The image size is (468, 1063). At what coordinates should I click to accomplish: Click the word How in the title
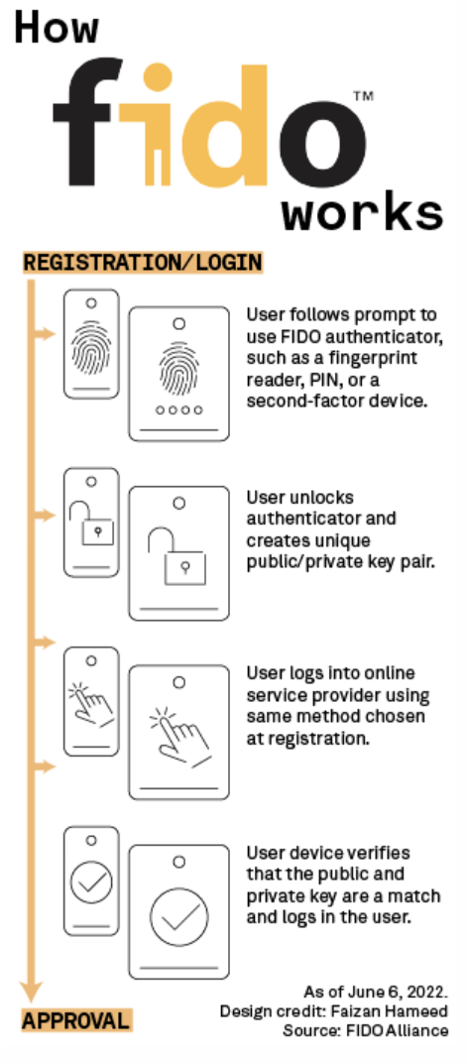coord(58,29)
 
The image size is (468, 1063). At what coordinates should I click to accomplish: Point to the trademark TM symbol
coord(363,95)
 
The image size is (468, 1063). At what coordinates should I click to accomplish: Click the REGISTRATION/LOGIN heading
coord(143,263)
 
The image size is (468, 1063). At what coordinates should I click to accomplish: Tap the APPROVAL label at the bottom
coord(76,1020)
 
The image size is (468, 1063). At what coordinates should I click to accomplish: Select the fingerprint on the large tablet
coord(179,368)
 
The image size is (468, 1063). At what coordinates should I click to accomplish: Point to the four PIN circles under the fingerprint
coord(179,410)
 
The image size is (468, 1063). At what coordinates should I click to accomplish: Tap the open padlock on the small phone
coord(93,523)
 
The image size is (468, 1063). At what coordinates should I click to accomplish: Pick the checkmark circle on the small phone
coord(91,882)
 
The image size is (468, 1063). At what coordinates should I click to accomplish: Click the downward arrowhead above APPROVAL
coord(31,992)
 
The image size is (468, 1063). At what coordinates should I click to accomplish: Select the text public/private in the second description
coord(300,562)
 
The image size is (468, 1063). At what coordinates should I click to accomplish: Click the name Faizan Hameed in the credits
coord(390,1010)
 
